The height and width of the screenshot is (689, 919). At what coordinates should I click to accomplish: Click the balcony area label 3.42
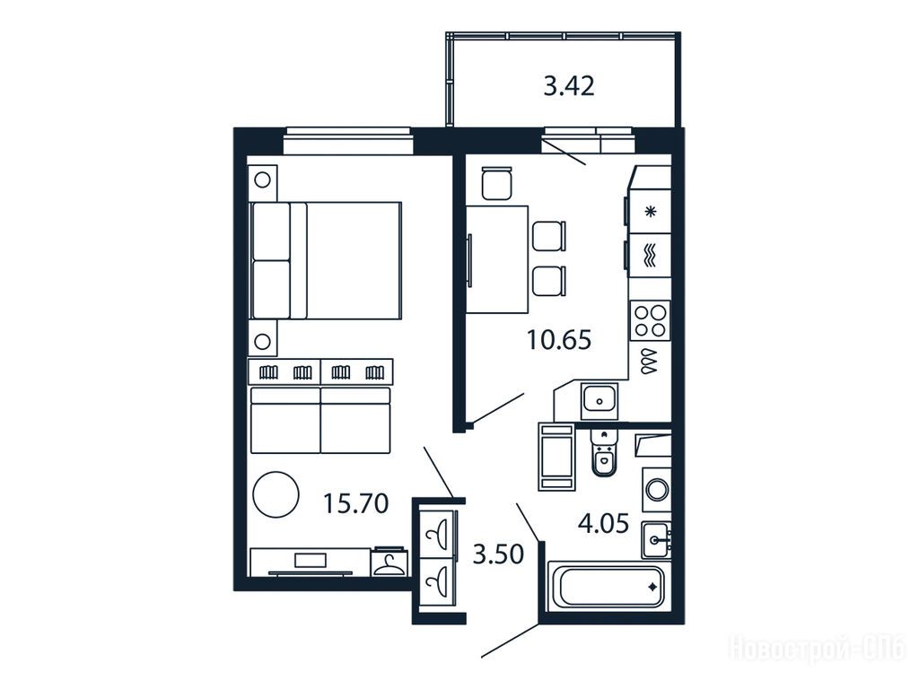[568, 86]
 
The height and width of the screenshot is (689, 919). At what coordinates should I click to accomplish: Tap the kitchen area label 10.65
[559, 339]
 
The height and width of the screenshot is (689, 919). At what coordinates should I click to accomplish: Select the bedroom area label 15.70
[355, 503]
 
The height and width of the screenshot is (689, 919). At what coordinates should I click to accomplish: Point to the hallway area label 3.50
[498, 554]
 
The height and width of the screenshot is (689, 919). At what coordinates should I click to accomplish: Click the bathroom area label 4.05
[604, 523]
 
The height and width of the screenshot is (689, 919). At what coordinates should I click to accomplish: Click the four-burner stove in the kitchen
[650, 320]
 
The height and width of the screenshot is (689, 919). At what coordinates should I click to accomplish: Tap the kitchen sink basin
[599, 401]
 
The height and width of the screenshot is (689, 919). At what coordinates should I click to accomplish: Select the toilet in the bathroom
[603, 452]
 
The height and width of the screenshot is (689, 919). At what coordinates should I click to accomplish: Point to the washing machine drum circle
[656, 490]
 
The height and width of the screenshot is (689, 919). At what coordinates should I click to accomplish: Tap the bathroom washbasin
[655, 539]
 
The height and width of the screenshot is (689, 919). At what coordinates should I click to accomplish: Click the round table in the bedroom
[276, 494]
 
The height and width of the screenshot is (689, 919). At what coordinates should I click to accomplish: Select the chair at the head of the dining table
[497, 183]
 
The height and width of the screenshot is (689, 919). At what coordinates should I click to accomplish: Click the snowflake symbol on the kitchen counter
[650, 212]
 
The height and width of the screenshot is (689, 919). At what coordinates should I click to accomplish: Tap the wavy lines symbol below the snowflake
[650, 256]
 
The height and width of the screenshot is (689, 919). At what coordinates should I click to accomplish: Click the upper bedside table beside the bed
[263, 181]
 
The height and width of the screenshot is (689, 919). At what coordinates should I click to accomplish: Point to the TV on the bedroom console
[310, 561]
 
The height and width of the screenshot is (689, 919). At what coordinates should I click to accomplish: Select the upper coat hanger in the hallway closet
[438, 535]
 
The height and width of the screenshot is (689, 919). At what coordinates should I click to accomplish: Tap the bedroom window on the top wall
[349, 141]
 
